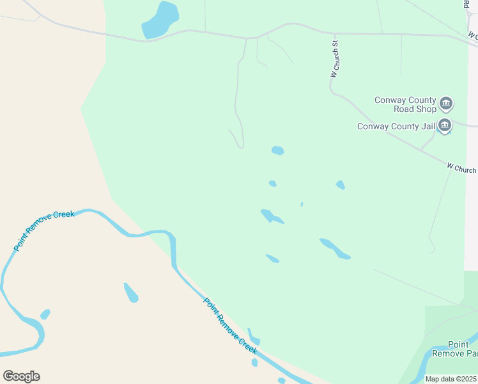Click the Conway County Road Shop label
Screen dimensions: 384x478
click(x=405, y=104)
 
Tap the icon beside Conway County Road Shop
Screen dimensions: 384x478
click(x=446, y=104)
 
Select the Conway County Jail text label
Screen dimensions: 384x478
click(x=396, y=126)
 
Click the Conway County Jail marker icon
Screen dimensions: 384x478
click(x=445, y=125)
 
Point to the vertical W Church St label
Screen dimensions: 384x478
click(x=334, y=60)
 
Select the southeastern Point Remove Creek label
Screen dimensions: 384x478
click(x=230, y=326)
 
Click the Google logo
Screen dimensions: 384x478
click(x=21, y=376)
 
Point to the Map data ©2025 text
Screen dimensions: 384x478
click(x=450, y=379)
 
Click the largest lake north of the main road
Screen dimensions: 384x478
click(x=160, y=19)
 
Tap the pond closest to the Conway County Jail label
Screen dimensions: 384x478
click(x=341, y=185)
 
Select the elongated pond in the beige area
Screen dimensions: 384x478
click(x=130, y=292)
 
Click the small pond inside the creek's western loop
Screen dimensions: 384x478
click(x=45, y=314)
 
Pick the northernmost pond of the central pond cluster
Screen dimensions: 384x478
click(x=277, y=150)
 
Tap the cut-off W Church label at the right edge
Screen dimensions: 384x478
click(x=461, y=169)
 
